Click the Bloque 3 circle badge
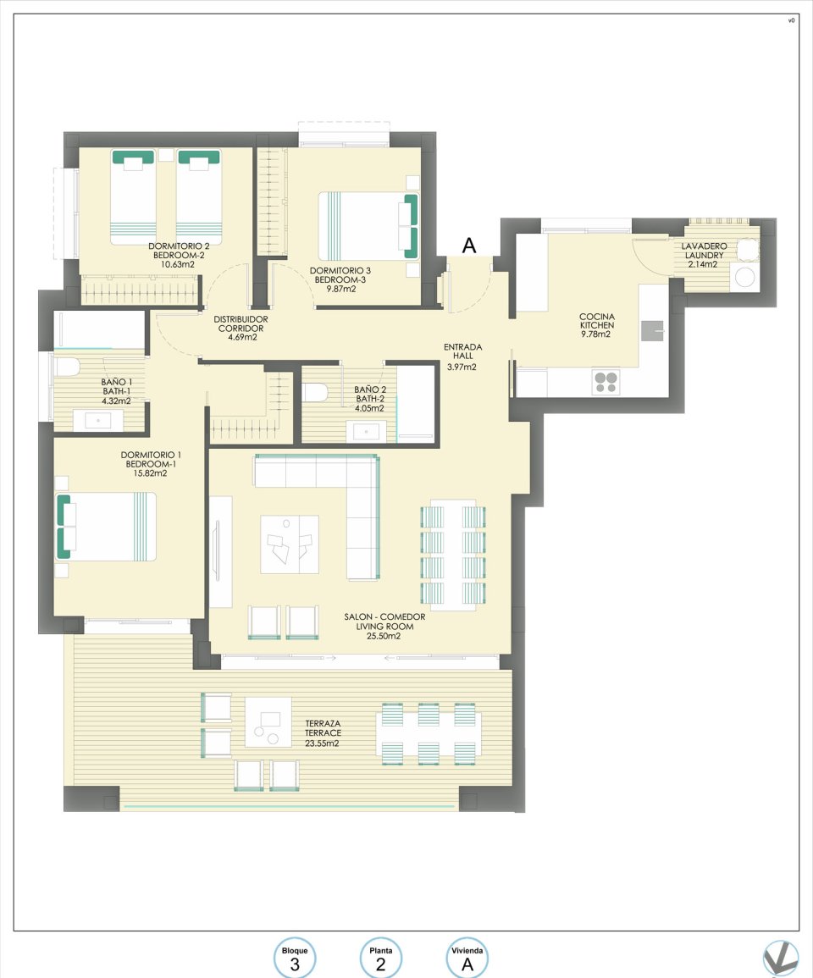click(295, 959)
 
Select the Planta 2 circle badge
click(380, 959)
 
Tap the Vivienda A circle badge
click(466, 959)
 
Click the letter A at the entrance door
click(468, 246)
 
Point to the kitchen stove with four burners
click(606, 382)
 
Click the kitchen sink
click(651, 331)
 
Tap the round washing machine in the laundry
click(745, 278)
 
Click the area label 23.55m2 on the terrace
click(323, 743)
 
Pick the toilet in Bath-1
click(66, 367)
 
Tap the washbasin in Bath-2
click(366, 431)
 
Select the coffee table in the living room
click(290, 544)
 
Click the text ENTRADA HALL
click(462, 352)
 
